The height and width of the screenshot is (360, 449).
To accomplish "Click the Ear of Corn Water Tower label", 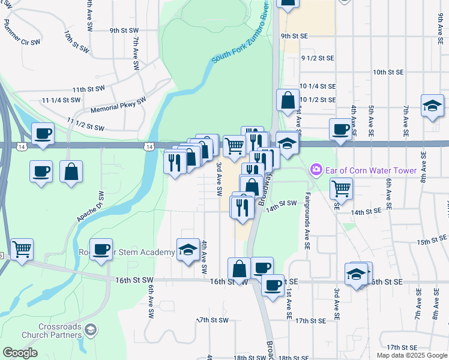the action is [370, 170].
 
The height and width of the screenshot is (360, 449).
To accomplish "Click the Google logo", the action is [20, 353].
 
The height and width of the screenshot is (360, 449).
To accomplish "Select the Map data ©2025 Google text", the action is [411, 355].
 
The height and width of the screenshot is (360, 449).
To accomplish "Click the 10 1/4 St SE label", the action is [317, 86].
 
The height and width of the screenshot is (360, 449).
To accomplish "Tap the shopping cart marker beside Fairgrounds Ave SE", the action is [341, 188].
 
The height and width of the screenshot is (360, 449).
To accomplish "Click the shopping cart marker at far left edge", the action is [22, 248].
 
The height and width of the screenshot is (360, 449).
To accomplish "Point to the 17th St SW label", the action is [214, 320].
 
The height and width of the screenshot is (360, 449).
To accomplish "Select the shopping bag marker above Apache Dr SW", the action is [71, 172].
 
